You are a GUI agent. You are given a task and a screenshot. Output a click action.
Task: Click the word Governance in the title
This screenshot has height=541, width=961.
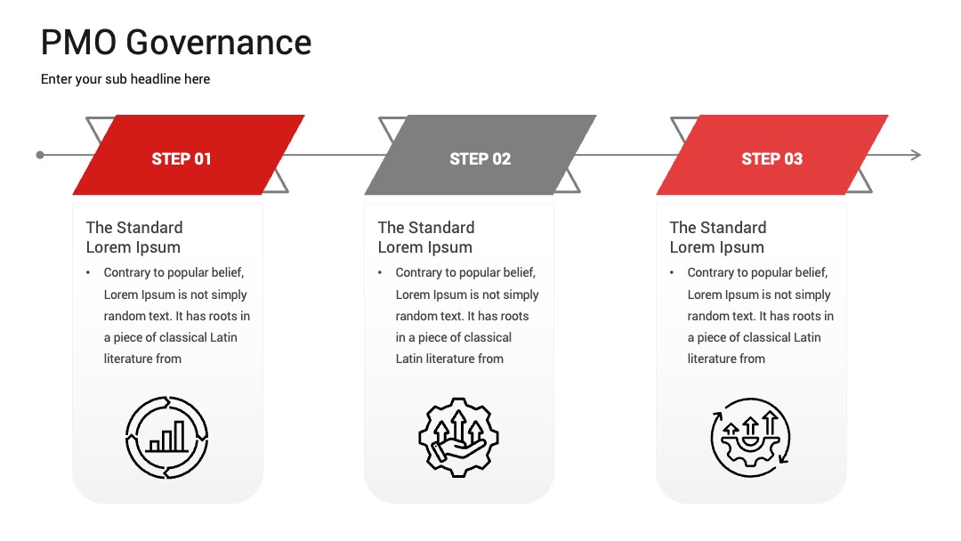click(x=219, y=43)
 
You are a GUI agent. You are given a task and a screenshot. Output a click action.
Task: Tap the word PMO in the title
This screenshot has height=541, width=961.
click(x=78, y=43)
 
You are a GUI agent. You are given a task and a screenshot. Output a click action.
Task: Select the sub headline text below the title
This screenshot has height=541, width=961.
click(x=125, y=79)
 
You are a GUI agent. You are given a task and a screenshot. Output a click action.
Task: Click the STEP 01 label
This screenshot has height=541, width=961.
click(x=182, y=158)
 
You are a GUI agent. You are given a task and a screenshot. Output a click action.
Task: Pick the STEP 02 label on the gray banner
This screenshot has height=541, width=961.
click(x=480, y=158)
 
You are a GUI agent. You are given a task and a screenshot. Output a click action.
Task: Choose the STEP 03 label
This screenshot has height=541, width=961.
click(x=771, y=158)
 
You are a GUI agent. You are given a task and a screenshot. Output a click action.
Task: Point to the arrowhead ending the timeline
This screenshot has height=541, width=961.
click(x=917, y=155)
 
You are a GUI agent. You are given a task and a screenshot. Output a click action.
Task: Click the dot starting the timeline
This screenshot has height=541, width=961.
click(x=40, y=155)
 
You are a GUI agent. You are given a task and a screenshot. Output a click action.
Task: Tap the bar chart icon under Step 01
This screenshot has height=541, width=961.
click(x=166, y=437)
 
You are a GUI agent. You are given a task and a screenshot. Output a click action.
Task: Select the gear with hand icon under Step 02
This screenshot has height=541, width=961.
click(x=458, y=437)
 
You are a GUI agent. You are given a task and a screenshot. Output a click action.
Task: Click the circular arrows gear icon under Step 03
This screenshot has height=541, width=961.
click(x=750, y=437)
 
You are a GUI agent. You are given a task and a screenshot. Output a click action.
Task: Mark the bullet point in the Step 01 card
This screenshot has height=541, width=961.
click(x=88, y=272)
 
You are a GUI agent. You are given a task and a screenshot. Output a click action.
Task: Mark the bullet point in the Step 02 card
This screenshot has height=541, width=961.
click(x=380, y=272)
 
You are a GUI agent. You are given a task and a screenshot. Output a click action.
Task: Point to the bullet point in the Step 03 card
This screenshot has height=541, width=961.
click(x=672, y=272)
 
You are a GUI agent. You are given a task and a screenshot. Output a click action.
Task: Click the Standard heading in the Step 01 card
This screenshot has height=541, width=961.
click(x=134, y=227)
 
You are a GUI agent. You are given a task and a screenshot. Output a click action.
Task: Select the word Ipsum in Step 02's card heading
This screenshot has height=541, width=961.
click(x=450, y=247)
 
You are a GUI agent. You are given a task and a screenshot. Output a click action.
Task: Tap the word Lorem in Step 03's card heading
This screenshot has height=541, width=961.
click(x=690, y=247)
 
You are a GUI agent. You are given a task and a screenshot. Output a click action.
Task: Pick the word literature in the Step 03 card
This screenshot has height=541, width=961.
click(x=712, y=359)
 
